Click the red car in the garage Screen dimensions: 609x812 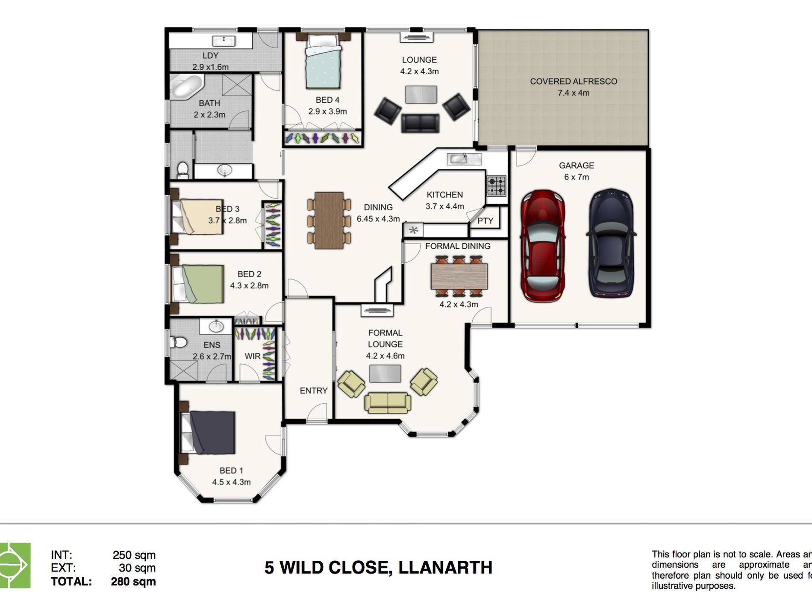click(x=543, y=246)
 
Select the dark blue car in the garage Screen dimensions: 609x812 click(x=611, y=243)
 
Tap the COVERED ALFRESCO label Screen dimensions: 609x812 click(x=573, y=81)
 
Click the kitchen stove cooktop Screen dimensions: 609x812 click(x=496, y=186)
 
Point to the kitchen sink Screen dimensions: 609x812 click(x=459, y=159)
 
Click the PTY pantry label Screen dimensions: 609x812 click(x=485, y=221)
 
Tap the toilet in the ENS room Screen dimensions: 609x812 click(x=179, y=342)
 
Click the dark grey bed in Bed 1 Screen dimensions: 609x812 click(x=212, y=432)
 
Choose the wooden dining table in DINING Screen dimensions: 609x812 click(x=329, y=221)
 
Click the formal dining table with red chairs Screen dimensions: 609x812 click(x=459, y=276)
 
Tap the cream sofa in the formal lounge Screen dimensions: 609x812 click(x=388, y=403)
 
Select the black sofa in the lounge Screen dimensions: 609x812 click(x=420, y=123)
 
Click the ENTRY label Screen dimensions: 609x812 click(x=313, y=391)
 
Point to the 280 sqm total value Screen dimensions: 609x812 click(x=133, y=581)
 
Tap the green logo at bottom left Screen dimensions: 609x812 click(x=15, y=565)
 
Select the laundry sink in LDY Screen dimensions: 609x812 click(x=224, y=41)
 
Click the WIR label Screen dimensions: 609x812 click(x=252, y=356)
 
